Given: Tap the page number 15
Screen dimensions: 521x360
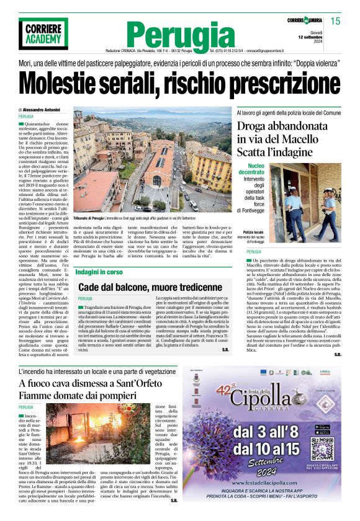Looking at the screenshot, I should (335, 21).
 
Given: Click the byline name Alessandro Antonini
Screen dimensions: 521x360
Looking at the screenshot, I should (43, 110).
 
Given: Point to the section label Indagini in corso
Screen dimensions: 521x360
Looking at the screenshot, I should (99, 272).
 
